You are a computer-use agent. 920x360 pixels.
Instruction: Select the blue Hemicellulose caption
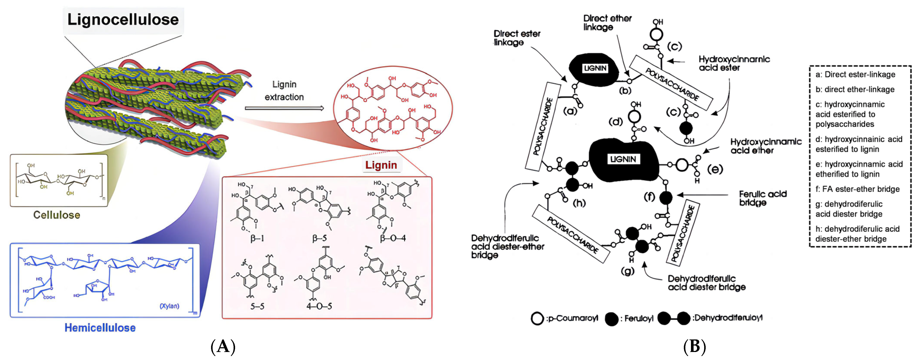tap(100, 328)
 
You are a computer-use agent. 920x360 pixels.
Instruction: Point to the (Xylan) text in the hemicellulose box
tap(169, 306)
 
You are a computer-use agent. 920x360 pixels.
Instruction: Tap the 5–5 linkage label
tap(257, 306)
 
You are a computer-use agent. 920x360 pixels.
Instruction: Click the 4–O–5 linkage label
tap(319, 306)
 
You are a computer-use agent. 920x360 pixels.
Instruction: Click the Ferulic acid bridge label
tap(763, 198)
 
